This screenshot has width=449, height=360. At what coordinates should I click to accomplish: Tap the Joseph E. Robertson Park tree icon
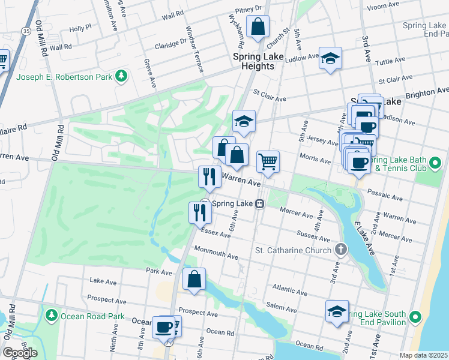[122, 76]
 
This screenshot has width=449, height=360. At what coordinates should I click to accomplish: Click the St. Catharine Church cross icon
[340, 250]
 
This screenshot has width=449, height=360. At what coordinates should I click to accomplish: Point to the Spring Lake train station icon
[260, 203]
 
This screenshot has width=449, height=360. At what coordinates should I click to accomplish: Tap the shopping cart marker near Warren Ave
[268, 161]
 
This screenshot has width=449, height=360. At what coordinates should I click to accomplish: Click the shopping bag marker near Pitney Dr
[258, 27]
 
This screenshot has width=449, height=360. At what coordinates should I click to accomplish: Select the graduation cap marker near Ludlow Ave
[330, 59]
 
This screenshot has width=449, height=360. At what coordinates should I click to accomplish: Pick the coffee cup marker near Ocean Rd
[163, 327]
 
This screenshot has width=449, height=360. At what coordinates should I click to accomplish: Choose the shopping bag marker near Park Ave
[194, 279]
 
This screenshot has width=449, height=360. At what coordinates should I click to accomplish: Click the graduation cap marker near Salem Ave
[337, 311]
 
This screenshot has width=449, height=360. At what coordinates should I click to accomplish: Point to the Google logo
[20, 353]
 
